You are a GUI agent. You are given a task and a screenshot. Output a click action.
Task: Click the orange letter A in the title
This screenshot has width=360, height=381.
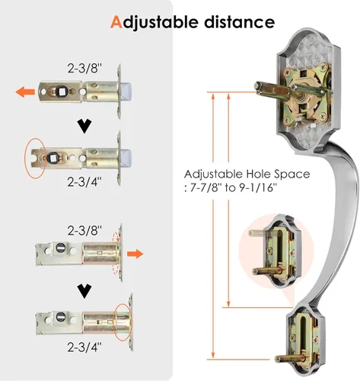116,22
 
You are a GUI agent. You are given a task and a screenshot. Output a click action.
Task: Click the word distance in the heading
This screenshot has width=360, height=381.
240,22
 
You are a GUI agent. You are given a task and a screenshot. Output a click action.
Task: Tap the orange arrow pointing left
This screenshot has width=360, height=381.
25,91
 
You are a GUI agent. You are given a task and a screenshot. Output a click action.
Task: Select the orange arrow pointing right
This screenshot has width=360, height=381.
135,254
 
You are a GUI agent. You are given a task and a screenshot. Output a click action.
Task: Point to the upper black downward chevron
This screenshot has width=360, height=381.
84,126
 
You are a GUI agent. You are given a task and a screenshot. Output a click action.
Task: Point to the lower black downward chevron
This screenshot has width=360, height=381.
84,291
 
